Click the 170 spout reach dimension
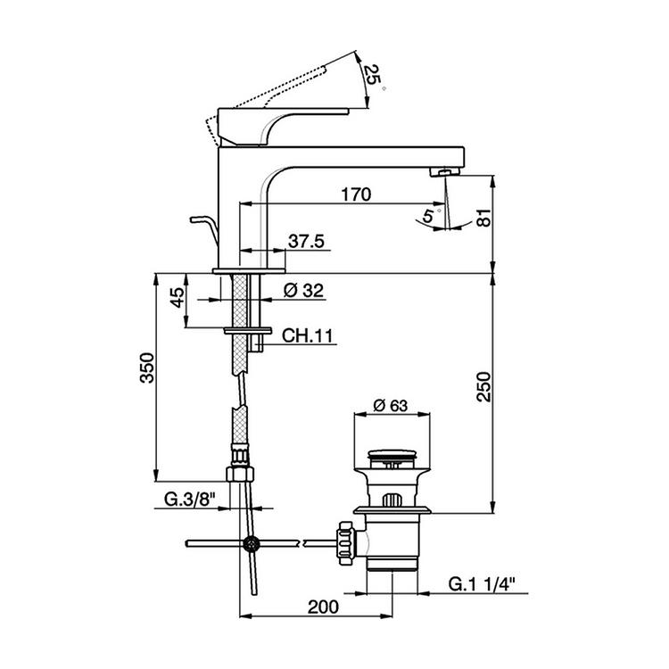[356, 194]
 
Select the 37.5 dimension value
[306, 241]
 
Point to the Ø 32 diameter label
[304, 291]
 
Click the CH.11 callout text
[307, 335]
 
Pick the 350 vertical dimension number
[147, 368]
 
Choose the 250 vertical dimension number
[484, 386]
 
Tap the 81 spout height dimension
[484, 218]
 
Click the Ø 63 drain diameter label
[391, 405]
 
